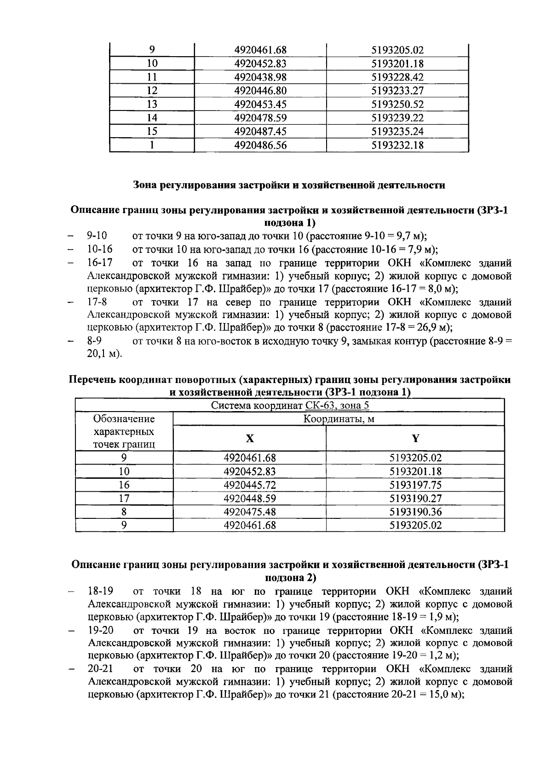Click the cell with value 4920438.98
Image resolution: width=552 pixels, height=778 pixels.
pyautogui.click(x=260, y=77)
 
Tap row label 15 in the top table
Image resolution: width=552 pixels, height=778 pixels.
pyautogui.click(x=152, y=132)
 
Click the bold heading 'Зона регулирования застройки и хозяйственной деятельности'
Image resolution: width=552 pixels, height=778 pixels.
pyautogui.click(x=289, y=186)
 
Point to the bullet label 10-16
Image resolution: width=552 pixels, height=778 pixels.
pyautogui.click(x=100, y=250)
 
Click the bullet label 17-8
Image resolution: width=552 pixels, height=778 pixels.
pyautogui.click(x=97, y=302)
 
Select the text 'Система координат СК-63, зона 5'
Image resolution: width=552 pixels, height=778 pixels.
pyautogui.click(x=290, y=406)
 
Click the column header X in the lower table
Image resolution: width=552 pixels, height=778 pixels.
pyautogui.click(x=249, y=438)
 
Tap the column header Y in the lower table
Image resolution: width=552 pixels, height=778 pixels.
pyautogui.click(x=415, y=438)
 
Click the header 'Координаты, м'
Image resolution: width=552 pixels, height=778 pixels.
pyautogui.click(x=339, y=419)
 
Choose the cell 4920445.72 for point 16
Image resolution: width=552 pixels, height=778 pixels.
pyautogui.click(x=250, y=485)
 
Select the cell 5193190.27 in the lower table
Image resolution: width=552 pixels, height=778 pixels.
pyautogui.click(x=415, y=499)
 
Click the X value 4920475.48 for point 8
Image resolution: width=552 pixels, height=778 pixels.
pyautogui.click(x=250, y=512)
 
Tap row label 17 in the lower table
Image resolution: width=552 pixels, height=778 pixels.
pyautogui.click(x=124, y=499)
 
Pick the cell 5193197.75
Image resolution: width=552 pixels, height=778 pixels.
pyautogui.click(x=415, y=485)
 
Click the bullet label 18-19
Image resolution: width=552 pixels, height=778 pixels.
pyautogui.click(x=101, y=591)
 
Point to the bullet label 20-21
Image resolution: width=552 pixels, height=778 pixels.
pyautogui.click(x=101, y=668)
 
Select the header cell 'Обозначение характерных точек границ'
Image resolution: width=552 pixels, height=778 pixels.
pyautogui.click(x=124, y=431)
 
